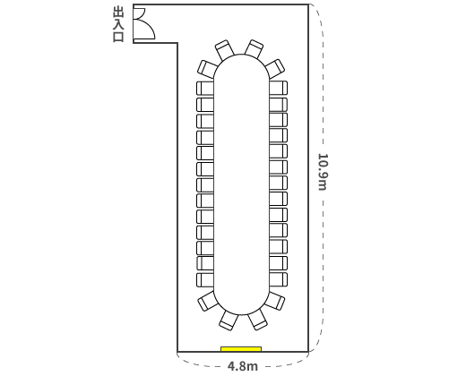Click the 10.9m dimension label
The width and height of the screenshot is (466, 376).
[323, 172]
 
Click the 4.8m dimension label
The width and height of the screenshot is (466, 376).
[243, 366]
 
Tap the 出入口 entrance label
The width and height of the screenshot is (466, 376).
[118, 25]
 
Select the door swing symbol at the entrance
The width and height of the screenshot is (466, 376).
[143, 23]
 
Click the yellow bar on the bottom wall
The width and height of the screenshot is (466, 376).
[241, 349]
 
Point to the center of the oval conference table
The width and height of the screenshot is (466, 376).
[242, 184]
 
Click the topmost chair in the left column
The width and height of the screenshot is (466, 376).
[205, 89]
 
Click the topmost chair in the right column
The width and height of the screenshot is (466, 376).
[279, 88]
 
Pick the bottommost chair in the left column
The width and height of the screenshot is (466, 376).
[205, 280]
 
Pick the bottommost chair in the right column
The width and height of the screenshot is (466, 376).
[279, 279]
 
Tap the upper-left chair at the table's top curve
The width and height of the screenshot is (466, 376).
[225, 49]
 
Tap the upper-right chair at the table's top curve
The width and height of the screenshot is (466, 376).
[254, 49]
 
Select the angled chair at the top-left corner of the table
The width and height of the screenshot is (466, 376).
[208, 69]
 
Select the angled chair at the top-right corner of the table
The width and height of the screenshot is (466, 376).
[275, 69]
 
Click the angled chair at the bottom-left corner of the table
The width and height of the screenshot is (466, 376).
[208, 301]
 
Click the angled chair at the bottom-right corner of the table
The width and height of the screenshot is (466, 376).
[274, 301]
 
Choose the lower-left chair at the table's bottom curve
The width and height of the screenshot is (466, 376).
[229, 320]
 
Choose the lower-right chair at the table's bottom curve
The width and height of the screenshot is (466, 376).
[257, 320]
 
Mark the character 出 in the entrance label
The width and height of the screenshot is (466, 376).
[118, 13]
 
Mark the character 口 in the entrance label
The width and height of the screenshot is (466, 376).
[118, 37]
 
